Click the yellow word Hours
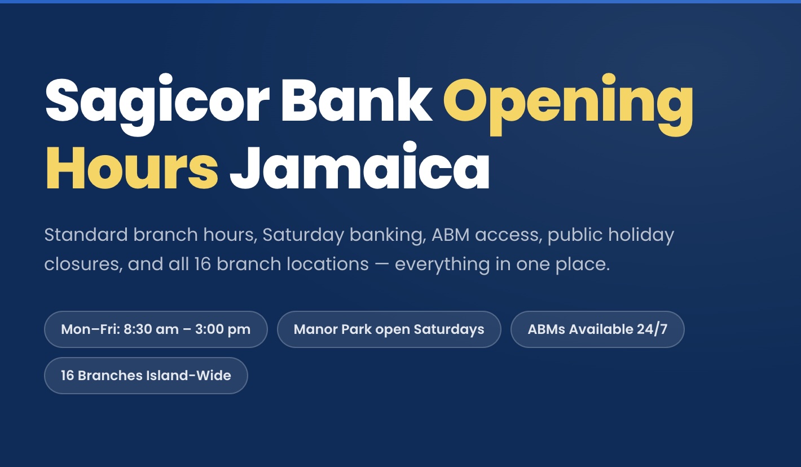click(x=131, y=168)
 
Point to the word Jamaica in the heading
click(x=359, y=168)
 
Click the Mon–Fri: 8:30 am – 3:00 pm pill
click(x=156, y=329)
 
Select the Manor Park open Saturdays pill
click(x=389, y=329)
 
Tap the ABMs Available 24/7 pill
click(x=597, y=329)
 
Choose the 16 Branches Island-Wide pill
click(x=146, y=376)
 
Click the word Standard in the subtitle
click(x=86, y=235)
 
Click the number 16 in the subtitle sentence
click(x=202, y=264)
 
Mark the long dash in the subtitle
click(x=382, y=264)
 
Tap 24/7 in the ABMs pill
click(x=652, y=329)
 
